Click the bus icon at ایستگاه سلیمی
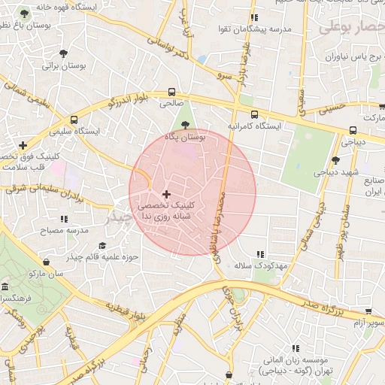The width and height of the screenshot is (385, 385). [x=74, y=120]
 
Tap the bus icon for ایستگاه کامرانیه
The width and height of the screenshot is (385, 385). [x=255, y=115]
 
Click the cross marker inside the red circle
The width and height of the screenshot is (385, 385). [x=166, y=195]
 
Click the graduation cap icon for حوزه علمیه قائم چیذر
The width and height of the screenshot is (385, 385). [x=102, y=245]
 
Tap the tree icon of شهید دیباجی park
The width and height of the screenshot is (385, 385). [x=335, y=159]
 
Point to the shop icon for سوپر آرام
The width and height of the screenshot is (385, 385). [x=368, y=311]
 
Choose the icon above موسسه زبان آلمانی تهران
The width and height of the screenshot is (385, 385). [x=296, y=348]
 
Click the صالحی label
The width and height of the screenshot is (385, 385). [x=170, y=105]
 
